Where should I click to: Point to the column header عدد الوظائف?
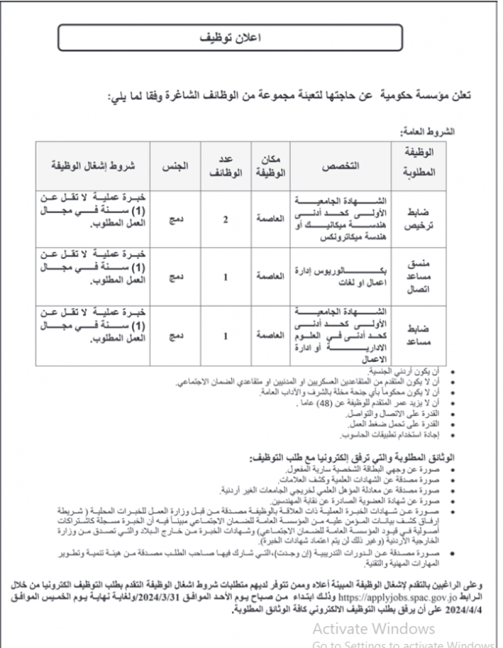225,166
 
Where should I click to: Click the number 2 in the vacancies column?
225,220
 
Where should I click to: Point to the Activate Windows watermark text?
373,627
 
